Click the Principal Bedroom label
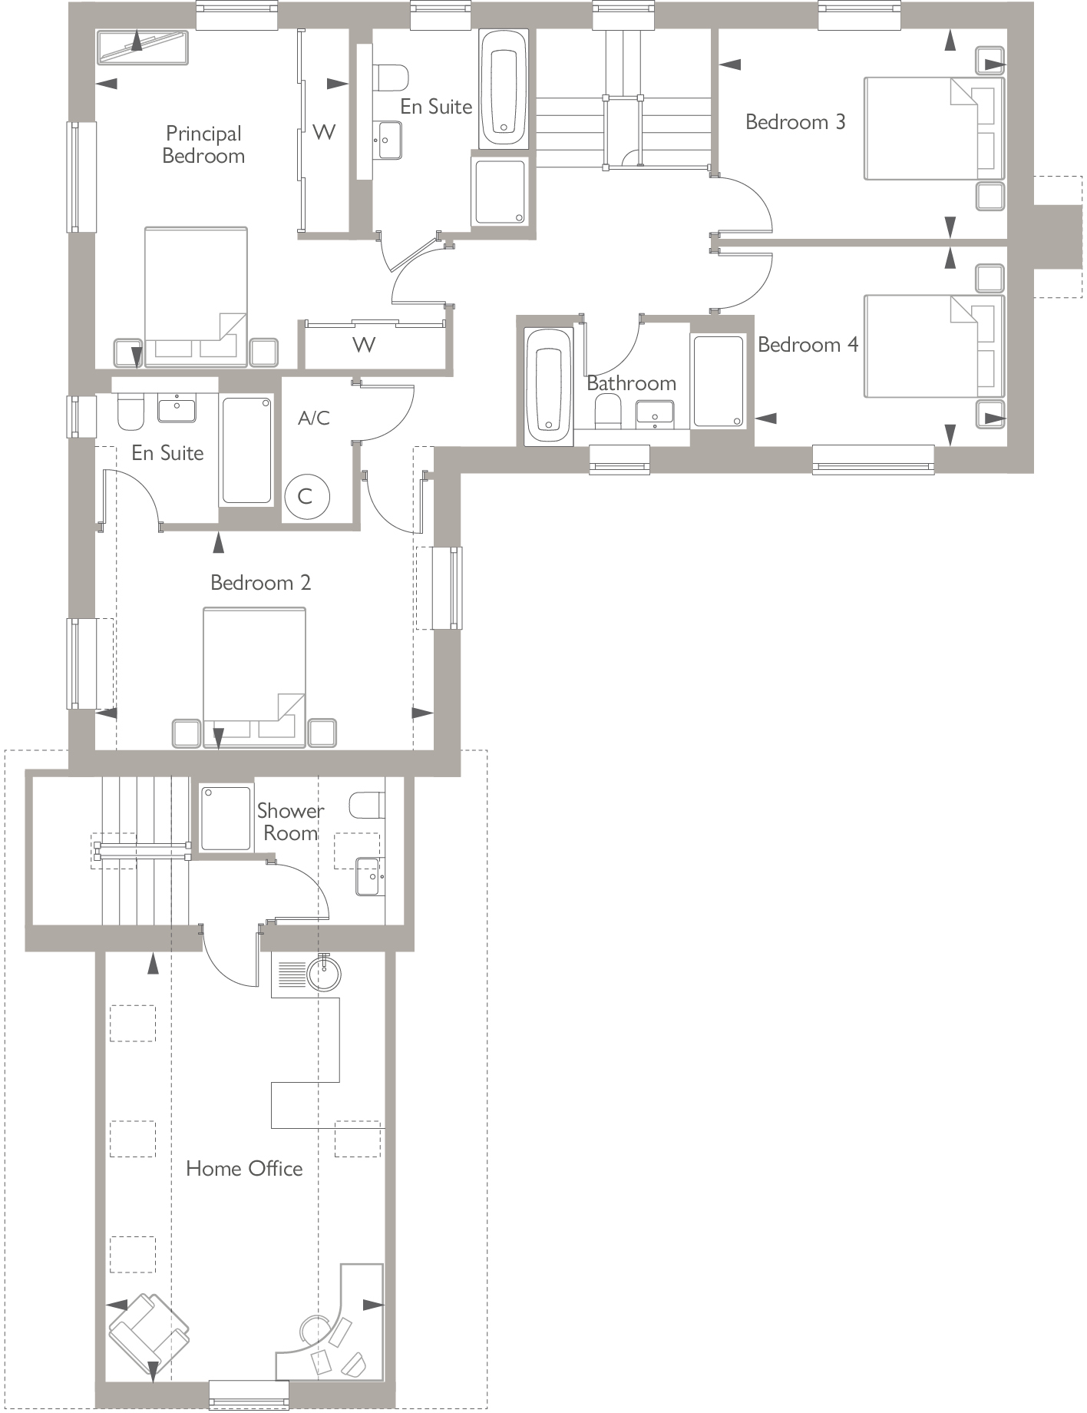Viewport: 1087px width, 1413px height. (x=203, y=144)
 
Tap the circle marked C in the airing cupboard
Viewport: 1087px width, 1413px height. (x=306, y=496)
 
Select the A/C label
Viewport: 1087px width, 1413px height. (x=313, y=418)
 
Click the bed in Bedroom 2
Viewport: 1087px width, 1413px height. (x=254, y=668)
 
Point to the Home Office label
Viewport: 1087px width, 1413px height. (x=244, y=1169)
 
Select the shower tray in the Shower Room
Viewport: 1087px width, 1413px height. (x=226, y=818)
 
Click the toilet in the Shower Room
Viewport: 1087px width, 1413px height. (x=365, y=806)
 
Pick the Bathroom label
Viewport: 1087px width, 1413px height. (x=631, y=383)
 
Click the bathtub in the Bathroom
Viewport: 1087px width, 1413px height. (x=548, y=387)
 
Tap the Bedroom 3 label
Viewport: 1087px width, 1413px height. (x=795, y=122)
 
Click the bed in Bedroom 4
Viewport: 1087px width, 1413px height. (x=933, y=346)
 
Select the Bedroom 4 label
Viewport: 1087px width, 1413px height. (x=808, y=345)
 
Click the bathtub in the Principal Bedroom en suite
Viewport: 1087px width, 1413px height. (x=504, y=89)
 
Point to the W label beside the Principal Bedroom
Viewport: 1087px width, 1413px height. (x=324, y=132)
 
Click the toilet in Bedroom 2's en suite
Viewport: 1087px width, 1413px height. (x=131, y=413)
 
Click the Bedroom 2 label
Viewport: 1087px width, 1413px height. (x=260, y=583)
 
